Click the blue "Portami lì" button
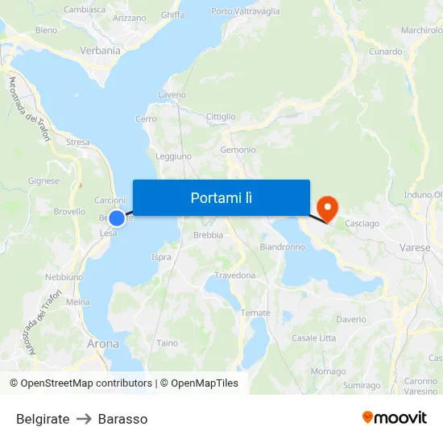click(x=221, y=197)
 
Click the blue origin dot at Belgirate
click(x=117, y=217)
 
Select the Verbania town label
click(x=100, y=51)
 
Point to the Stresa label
click(x=78, y=142)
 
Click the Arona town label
click(x=102, y=344)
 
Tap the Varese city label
click(x=415, y=248)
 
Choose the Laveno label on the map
click(x=172, y=95)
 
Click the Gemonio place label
click(x=238, y=150)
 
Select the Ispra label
click(x=161, y=258)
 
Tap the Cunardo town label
click(x=386, y=52)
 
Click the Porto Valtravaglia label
click(x=246, y=11)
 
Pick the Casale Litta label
click(x=313, y=338)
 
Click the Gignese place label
click(x=43, y=181)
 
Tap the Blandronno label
click(x=281, y=246)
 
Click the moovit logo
click(x=394, y=417)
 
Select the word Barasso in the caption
click(x=122, y=419)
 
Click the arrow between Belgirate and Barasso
click(x=84, y=419)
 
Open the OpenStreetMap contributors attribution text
click(x=85, y=383)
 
